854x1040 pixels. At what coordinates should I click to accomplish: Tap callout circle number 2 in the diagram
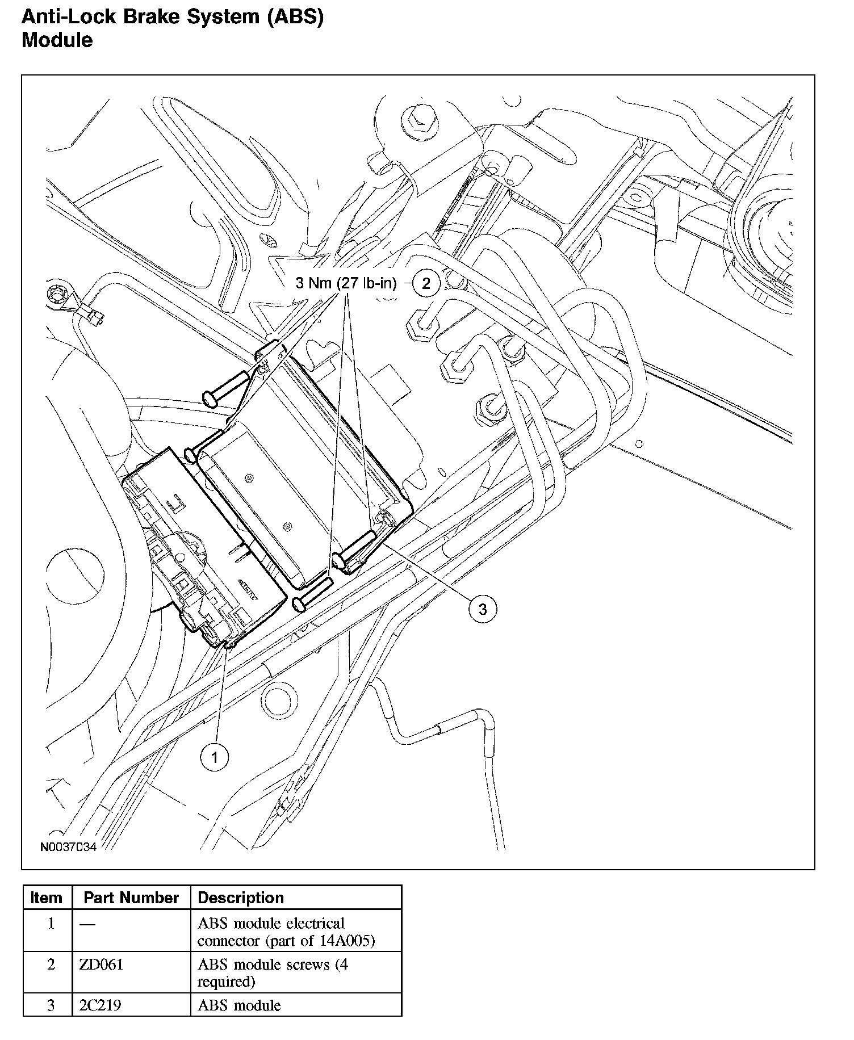click(426, 283)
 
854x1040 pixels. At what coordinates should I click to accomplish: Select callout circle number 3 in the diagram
click(482, 609)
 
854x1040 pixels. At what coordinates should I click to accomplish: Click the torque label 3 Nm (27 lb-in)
click(345, 283)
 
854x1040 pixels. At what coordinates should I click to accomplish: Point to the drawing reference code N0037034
click(68, 847)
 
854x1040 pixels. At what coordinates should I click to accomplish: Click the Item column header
click(47, 898)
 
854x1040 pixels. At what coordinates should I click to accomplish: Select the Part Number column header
click(131, 898)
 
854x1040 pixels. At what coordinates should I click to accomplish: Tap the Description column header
click(241, 898)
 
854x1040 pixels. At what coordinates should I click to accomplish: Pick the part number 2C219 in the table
click(101, 1005)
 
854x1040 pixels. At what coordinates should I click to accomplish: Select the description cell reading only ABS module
click(239, 1005)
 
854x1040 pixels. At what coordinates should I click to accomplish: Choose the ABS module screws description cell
click(273, 972)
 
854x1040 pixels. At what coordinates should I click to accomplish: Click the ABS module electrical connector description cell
click(286, 932)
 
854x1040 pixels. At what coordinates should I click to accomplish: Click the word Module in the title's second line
click(57, 40)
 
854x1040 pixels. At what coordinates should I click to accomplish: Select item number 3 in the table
click(51, 1005)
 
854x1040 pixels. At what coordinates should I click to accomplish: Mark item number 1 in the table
click(51, 924)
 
